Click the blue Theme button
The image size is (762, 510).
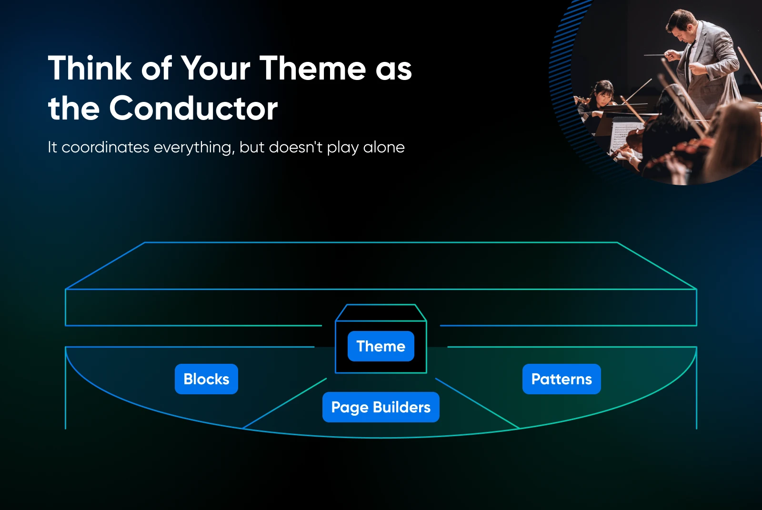[x=381, y=346]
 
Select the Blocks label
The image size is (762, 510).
[x=206, y=379]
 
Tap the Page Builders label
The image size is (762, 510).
[x=381, y=407]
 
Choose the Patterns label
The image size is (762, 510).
[x=561, y=379]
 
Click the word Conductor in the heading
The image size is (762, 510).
[x=193, y=109]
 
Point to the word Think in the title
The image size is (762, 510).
[x=90, y=69]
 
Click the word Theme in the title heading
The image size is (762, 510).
[x=312, y=69]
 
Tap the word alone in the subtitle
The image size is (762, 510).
[x=384, y=147]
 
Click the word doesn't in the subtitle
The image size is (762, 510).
[x=295, y=147]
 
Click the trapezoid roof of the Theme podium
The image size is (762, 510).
[x=381, y=312]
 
